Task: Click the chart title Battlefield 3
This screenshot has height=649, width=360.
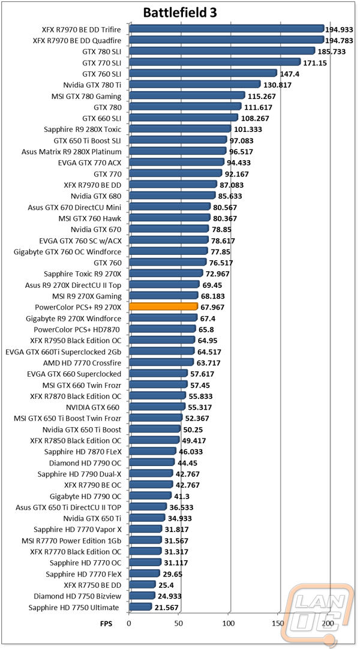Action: [180, 13]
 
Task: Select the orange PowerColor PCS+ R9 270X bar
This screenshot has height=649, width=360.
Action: [163, 307]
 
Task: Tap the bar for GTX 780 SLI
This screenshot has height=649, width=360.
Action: [222, 51]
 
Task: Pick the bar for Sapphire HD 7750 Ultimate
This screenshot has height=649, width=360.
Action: [140, 607]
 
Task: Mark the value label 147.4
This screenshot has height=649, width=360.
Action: [290, 74]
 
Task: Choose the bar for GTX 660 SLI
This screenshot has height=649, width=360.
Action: [184, 118]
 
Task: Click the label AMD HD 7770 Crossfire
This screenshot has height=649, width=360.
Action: [82, 363]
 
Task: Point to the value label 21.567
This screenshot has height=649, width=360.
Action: [167, 608]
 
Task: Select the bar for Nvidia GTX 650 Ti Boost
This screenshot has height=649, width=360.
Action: [155, 429]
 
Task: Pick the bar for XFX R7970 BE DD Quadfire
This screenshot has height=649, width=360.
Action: [227, 40]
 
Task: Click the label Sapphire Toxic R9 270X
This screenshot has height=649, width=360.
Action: [83, 274]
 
